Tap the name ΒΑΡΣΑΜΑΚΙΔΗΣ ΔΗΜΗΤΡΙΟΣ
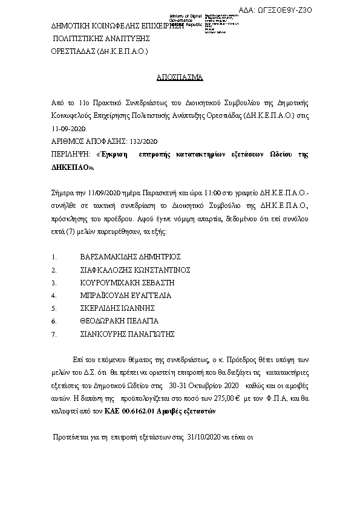coord(130,256)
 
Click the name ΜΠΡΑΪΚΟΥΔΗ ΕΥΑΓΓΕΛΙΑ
coord(125,295)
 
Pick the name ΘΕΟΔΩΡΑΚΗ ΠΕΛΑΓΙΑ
coord(119,320)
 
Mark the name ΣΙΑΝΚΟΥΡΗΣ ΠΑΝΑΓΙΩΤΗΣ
coord(127,333)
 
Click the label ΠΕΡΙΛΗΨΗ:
coord(70,155)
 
